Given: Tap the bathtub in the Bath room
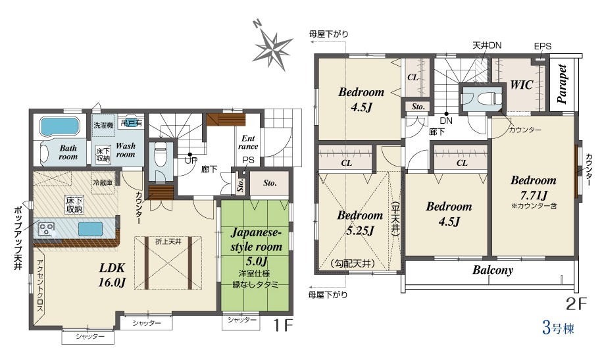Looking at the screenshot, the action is [59, 126].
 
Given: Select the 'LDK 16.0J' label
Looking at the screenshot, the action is [112, 274].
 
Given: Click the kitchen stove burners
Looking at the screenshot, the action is [47, 230].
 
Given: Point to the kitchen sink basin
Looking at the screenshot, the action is [91, 229].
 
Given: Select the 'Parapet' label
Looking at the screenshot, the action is [562, 84].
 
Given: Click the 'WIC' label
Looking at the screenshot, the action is [521, 84].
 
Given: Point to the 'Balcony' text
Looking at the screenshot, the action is [493, 270].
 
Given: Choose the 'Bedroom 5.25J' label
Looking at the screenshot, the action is [360, 222].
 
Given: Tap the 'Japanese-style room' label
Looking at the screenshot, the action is [256, 240].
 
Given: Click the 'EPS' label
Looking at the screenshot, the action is [543, 47].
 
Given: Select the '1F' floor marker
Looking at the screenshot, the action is [283, 326].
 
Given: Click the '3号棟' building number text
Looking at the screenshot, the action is [558, 328].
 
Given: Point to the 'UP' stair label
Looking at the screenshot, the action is [191, 161].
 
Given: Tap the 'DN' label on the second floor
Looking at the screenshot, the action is [446, 120].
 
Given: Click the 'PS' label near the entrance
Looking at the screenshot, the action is [248, 160].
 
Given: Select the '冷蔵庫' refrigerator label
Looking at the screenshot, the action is [103, 182].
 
